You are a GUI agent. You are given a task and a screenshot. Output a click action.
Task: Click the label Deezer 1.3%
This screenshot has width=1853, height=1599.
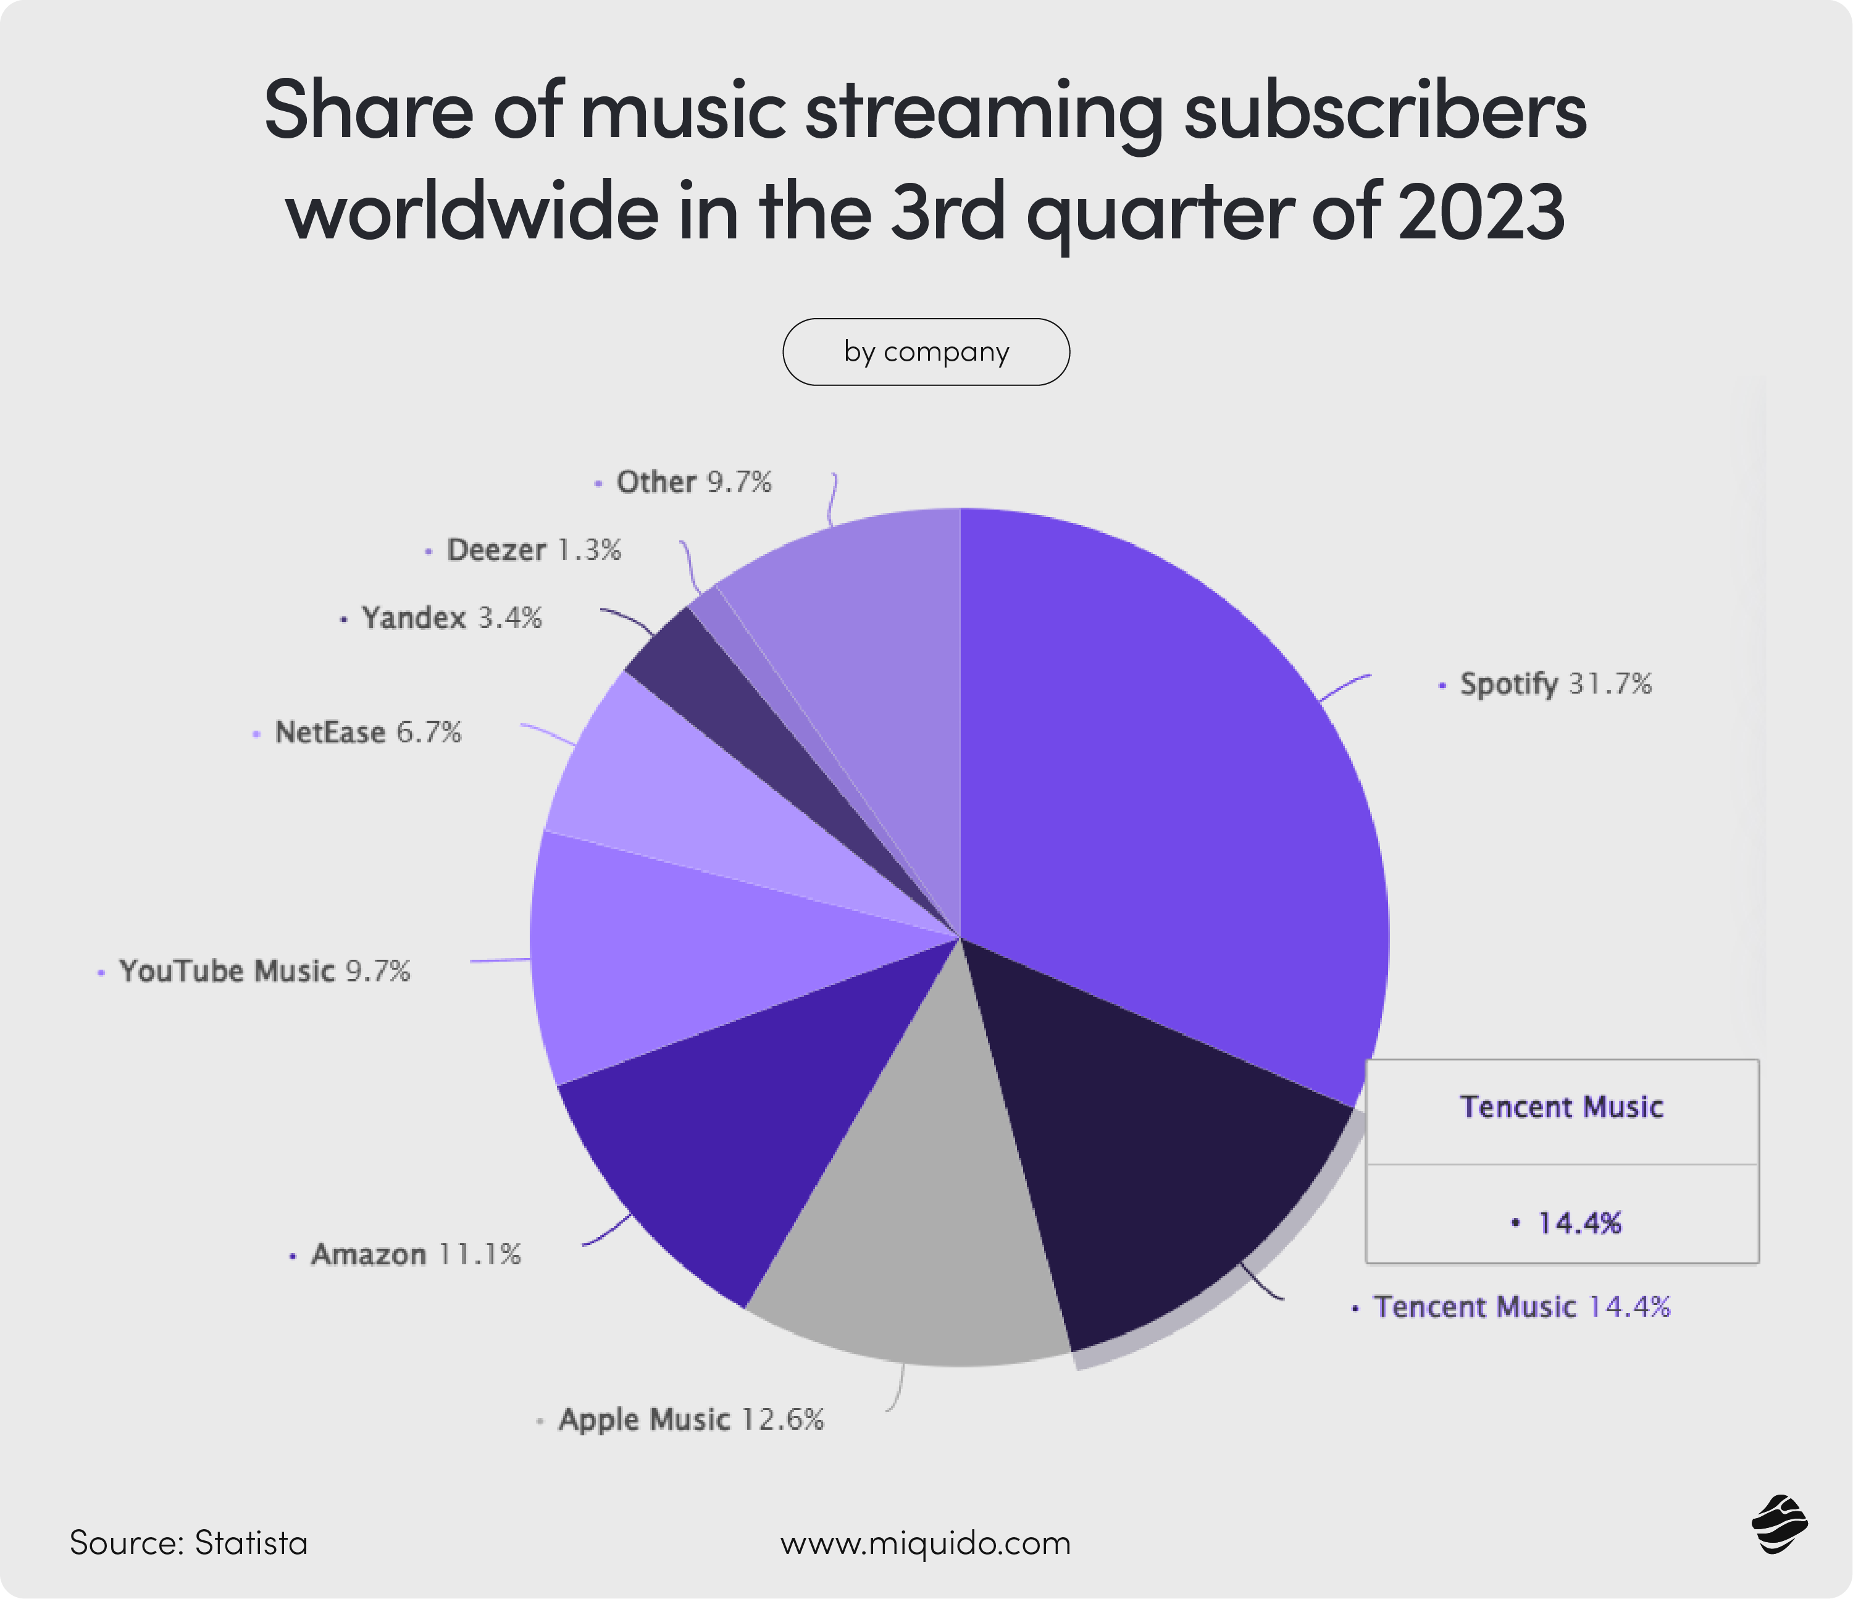(533, 550)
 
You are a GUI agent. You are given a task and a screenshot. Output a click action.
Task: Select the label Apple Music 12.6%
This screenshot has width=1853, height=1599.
(690, 1419)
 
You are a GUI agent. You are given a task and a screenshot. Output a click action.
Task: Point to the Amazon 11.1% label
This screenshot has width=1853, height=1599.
(415, 1255)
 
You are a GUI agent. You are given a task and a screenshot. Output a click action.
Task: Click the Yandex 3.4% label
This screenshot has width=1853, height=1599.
(451, 618)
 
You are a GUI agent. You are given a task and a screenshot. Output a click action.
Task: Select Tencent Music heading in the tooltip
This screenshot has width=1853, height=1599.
(1562, 1107)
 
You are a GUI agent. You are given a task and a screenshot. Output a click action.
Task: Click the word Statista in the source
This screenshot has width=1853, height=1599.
(251, 1543)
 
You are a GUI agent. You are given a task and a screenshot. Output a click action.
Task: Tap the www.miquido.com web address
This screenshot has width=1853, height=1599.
(925, 1543)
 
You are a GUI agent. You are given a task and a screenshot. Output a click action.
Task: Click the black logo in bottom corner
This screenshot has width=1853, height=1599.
(1779, 1525)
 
